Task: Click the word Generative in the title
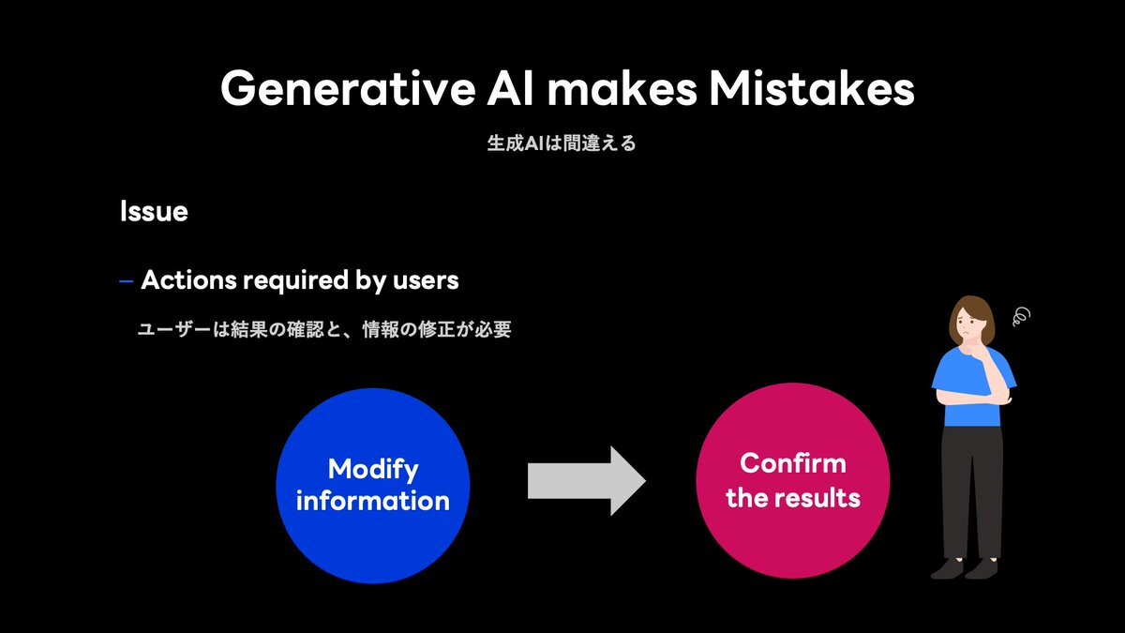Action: (348, 89)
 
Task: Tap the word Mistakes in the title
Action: (811, 89)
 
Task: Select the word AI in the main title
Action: (510, 89)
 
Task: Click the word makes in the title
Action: (622, 89)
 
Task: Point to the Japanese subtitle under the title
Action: (562, 143)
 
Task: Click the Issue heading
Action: (154, 211)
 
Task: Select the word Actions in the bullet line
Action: (188, 279)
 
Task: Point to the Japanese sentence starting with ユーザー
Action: (324, 330)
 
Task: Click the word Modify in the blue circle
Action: (373, 470)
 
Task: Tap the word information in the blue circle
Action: (373, 501)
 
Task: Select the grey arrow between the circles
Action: (587, 481)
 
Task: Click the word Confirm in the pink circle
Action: (793, 463)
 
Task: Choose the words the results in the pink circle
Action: (793, 497)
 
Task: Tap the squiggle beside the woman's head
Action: (1022, 317)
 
